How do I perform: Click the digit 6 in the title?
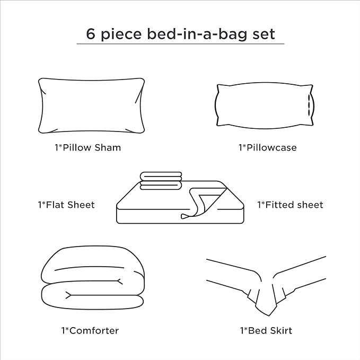click(x=91, y=34)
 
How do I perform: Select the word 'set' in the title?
click(x=264, y=34)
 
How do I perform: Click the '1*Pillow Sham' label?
click(x=87, y=147)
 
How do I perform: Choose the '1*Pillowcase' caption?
click(x=267, y=147)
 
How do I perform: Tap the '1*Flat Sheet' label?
click(x=66, y=205)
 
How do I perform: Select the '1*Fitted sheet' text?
click(x=290, y=205)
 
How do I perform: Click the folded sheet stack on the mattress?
click(x=161, y=181)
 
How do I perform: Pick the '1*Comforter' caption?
click(x=90, y=331)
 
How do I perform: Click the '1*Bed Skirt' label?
click(x=266, y=331)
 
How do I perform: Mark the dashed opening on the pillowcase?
click(x=309, y=105)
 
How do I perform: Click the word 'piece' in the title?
click(x=121, y=35)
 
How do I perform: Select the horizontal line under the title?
click(x=180, y=43)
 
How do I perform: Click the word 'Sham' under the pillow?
click(x=108, y=147)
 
